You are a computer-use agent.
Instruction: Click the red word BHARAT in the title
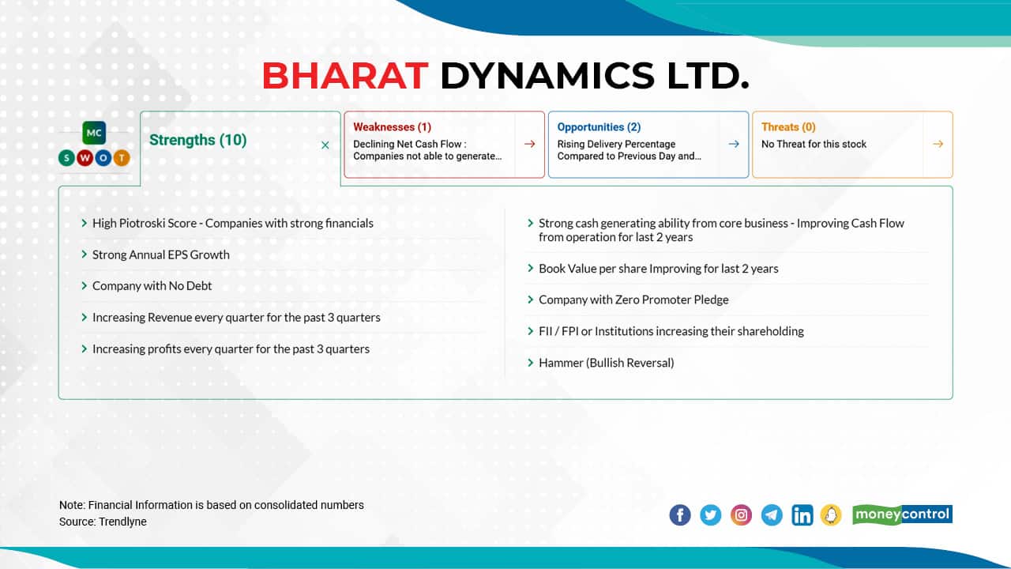pos(344,76)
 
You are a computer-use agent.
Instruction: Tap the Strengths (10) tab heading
pos(197,140)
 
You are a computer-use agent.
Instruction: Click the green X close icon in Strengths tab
pos(325,145)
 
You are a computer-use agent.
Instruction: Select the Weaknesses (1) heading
pos(392,126)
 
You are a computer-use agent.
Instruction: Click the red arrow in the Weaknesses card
pos(529,144)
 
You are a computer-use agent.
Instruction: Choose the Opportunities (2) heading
pos(599,126)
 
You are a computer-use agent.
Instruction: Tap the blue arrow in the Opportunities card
pos(734,144)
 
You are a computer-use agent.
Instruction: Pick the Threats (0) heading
pos(788,126)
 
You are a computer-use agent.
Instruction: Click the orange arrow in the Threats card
pos(938,144)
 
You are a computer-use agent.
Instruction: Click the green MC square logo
pos(94,133)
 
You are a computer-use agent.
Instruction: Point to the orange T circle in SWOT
pos(122,158)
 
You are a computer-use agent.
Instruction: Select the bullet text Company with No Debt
pos(152,286)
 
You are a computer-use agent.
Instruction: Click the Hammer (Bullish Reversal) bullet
pos(606,363)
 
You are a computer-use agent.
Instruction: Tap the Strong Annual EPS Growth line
pos(160,254)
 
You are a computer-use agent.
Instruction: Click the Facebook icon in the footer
pos(679,515)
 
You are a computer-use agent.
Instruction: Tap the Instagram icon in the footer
pos(741,515)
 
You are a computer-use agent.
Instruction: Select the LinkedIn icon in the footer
pos(802,515)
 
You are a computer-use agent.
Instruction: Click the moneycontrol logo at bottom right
pos(902,514)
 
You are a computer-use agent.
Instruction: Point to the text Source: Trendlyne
pos(103,522)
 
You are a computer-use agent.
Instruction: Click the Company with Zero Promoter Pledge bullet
pos(633,300)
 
